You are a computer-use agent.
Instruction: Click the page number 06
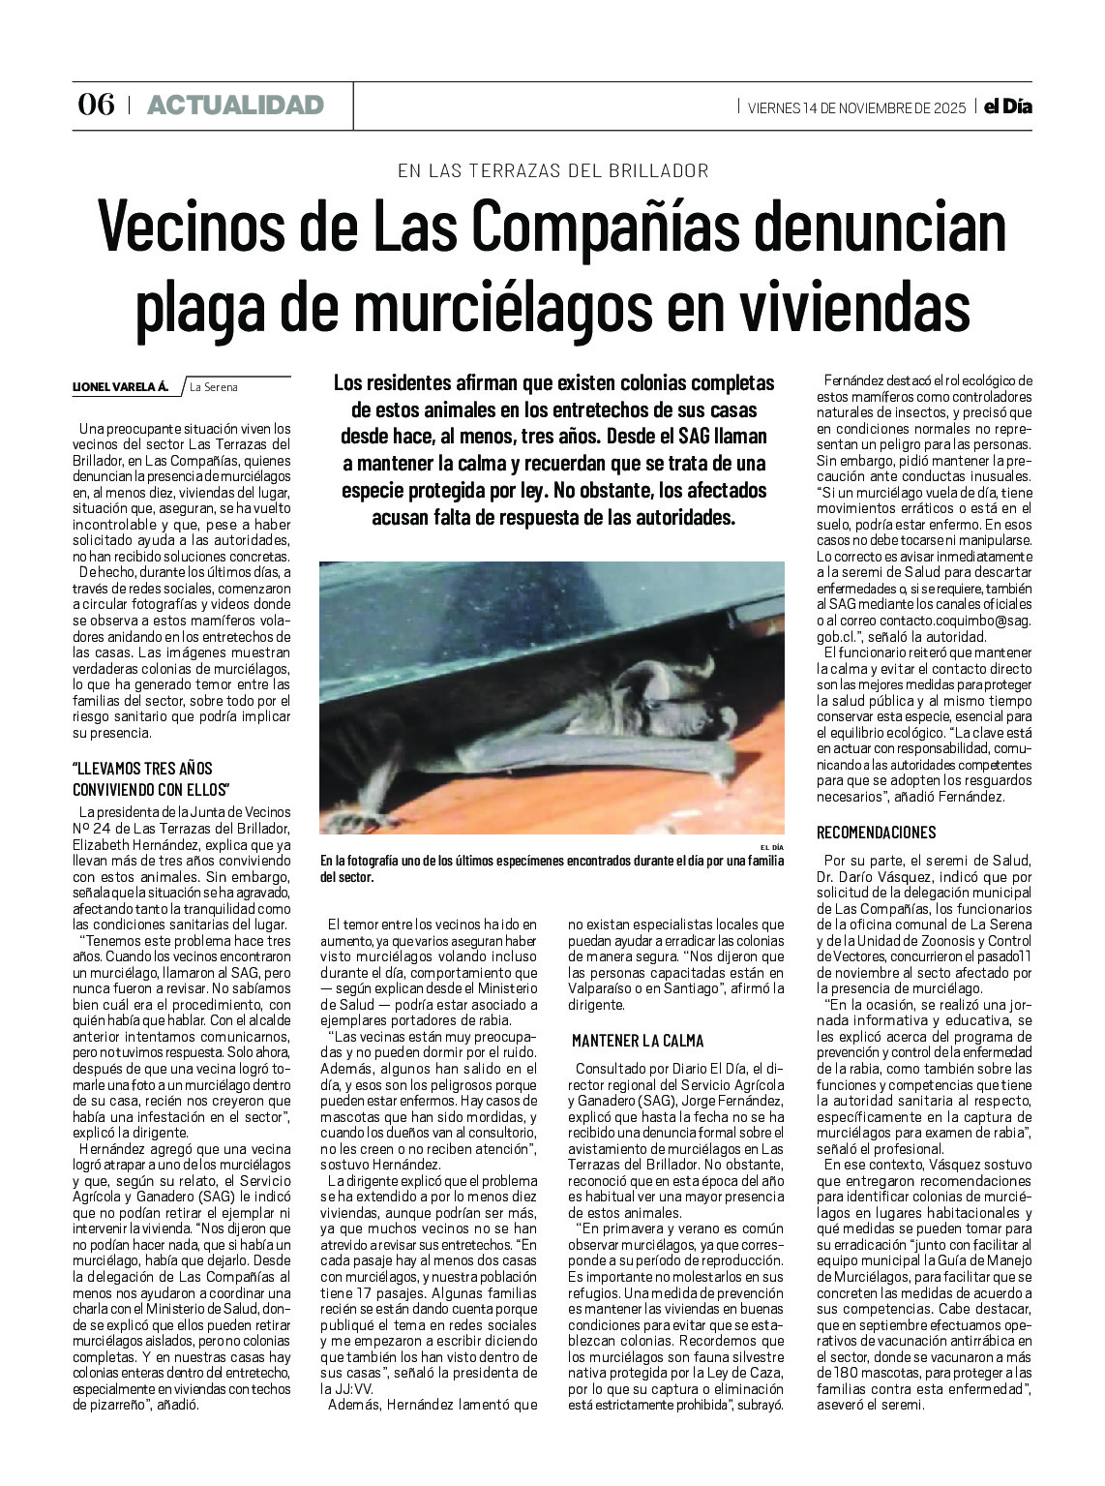click(95, 105)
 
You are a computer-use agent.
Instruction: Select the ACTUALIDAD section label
click(235, 106)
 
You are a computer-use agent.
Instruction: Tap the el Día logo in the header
click(1007, 106)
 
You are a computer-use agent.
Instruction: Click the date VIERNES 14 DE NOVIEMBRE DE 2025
click(856, 108)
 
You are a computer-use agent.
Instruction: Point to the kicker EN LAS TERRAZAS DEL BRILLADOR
click(552, 171)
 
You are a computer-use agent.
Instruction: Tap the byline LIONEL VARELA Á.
click(120, 387)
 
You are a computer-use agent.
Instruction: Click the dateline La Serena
click(213, 387)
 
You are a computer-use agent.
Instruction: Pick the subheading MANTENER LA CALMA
click(638, 1041)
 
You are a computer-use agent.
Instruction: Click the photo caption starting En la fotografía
click(552, 868)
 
